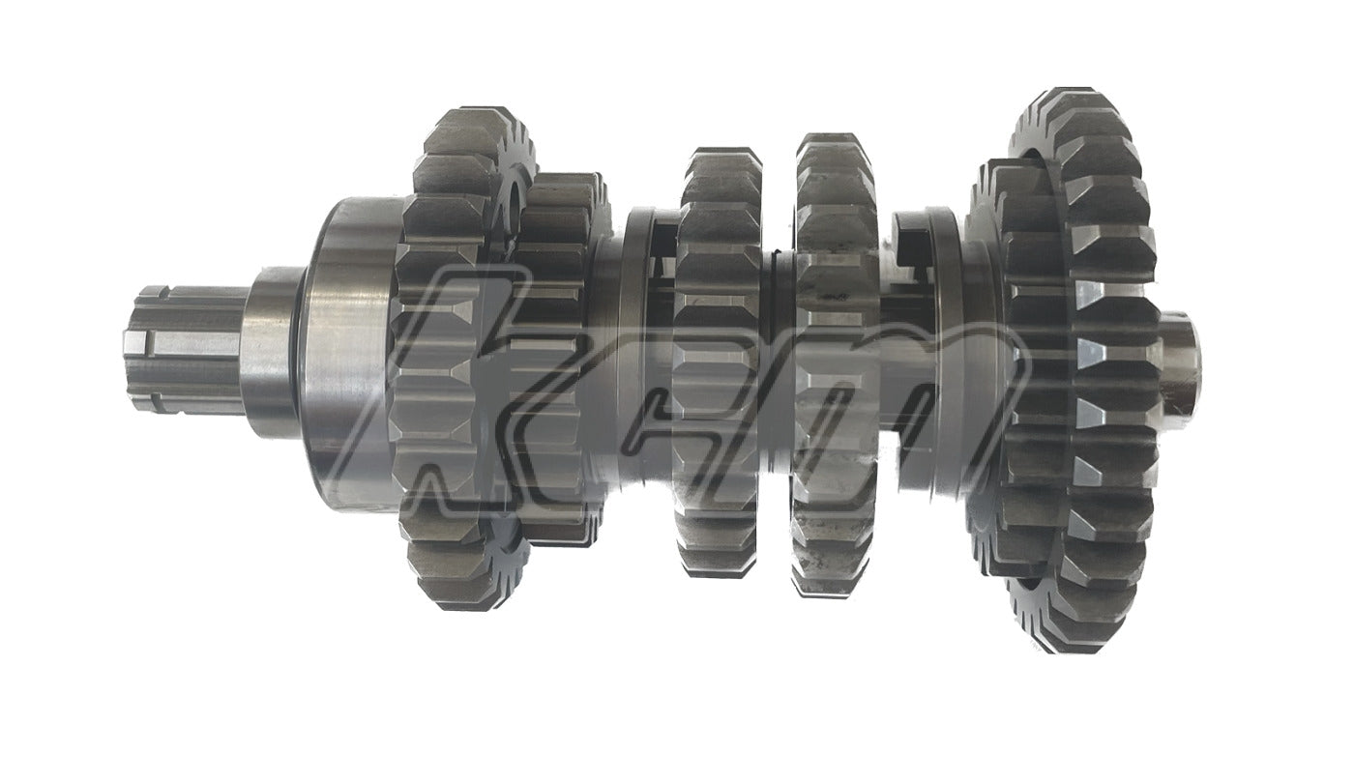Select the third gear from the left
[x=720, y=362]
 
